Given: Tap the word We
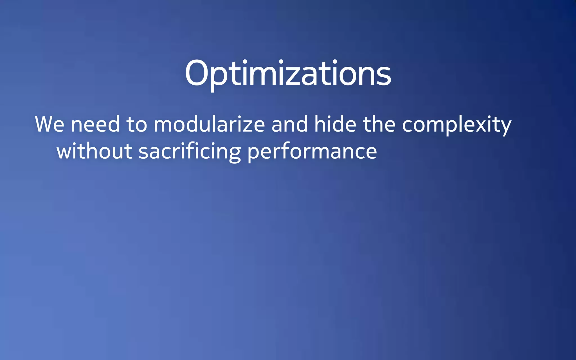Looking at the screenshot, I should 49,124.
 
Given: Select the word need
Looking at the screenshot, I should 95,124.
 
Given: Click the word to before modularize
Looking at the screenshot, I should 137,124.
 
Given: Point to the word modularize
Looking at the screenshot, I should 209,124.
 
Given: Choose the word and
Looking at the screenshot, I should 290,124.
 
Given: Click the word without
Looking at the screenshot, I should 94,151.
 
